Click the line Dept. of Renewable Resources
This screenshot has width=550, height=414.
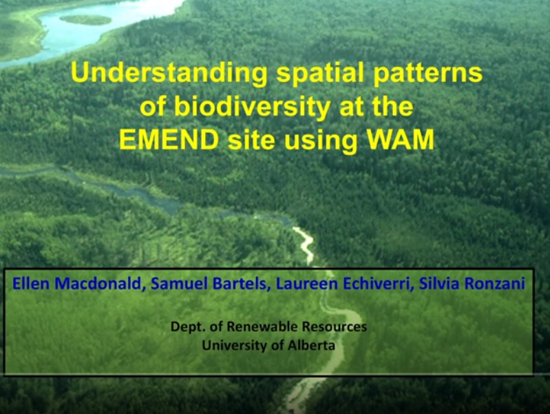pyautogui.click(x=268, y=327)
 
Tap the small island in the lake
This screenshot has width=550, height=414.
pyautogui.click(x=85, y=19)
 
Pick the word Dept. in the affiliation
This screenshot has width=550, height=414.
pyautogui.click(x=185, y=327)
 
